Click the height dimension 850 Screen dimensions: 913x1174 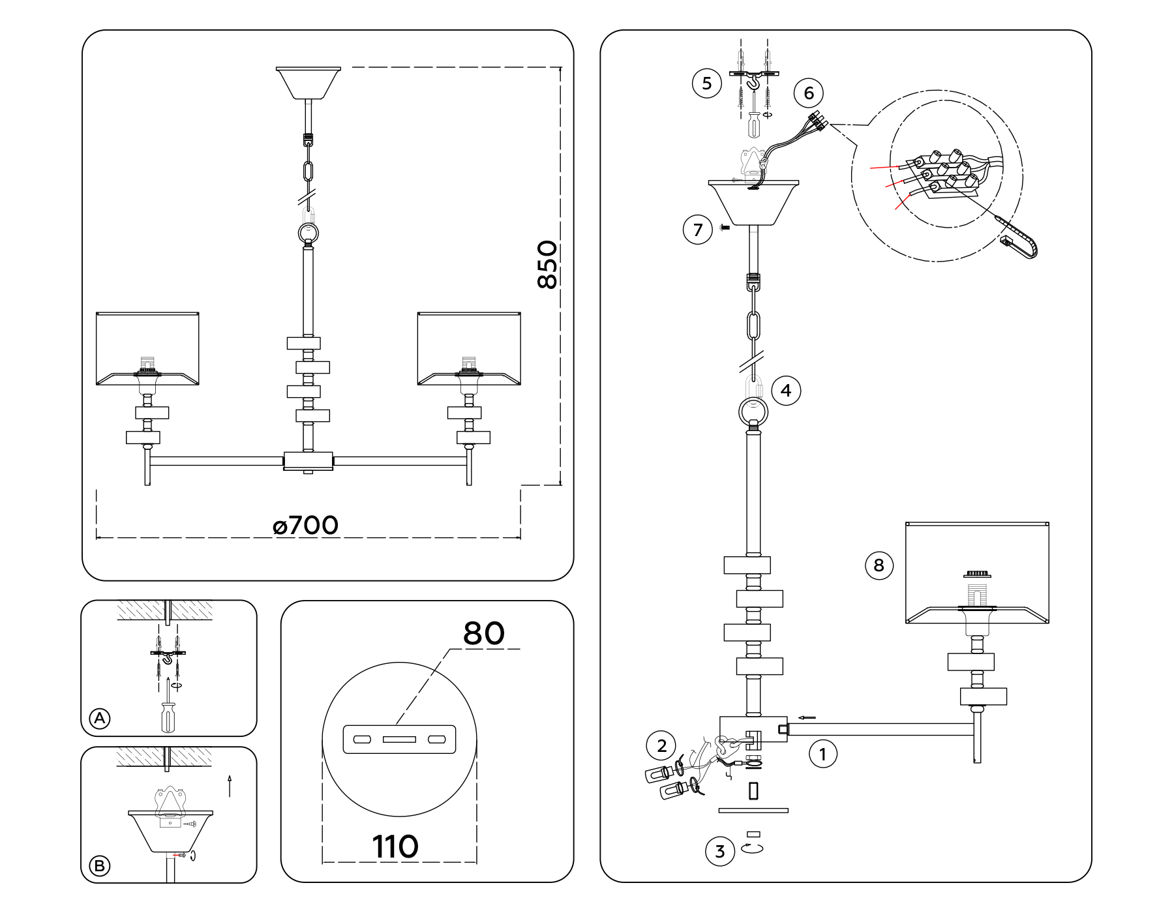pos(547,265)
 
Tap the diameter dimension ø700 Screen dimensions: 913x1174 pos(306,525)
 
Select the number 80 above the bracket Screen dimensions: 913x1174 pos(483,633)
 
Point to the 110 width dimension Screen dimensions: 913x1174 pos(395,847)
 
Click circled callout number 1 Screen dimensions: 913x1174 pos(822,755)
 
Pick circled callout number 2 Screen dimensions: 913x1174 pos(661,745)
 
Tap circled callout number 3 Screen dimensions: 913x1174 pos(720,852)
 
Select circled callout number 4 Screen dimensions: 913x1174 pos(785,391)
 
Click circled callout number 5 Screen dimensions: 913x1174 pos(706,83)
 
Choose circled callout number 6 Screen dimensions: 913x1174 pos(809,93)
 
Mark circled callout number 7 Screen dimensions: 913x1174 pos(698,230)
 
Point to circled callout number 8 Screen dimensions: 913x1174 pos(879,565)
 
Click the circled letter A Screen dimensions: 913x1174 pos(99,719)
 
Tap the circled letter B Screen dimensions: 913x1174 pos(99,866)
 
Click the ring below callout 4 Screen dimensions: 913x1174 pos(753,412)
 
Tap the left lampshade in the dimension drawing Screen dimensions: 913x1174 pos(147,348)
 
